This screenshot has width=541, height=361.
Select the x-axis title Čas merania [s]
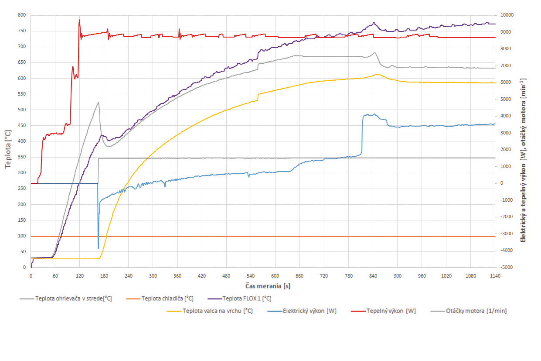(262, 285)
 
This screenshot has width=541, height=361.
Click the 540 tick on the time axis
(250, 276)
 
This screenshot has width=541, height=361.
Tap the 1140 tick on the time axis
(495, 276)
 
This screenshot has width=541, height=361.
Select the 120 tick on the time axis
(79, 276)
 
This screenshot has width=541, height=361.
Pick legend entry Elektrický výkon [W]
(310, 311)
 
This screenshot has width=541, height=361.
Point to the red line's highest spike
(79, 20)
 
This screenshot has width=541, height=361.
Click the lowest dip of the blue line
(98, 248)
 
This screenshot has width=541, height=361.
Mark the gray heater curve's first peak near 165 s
(98, 103)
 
